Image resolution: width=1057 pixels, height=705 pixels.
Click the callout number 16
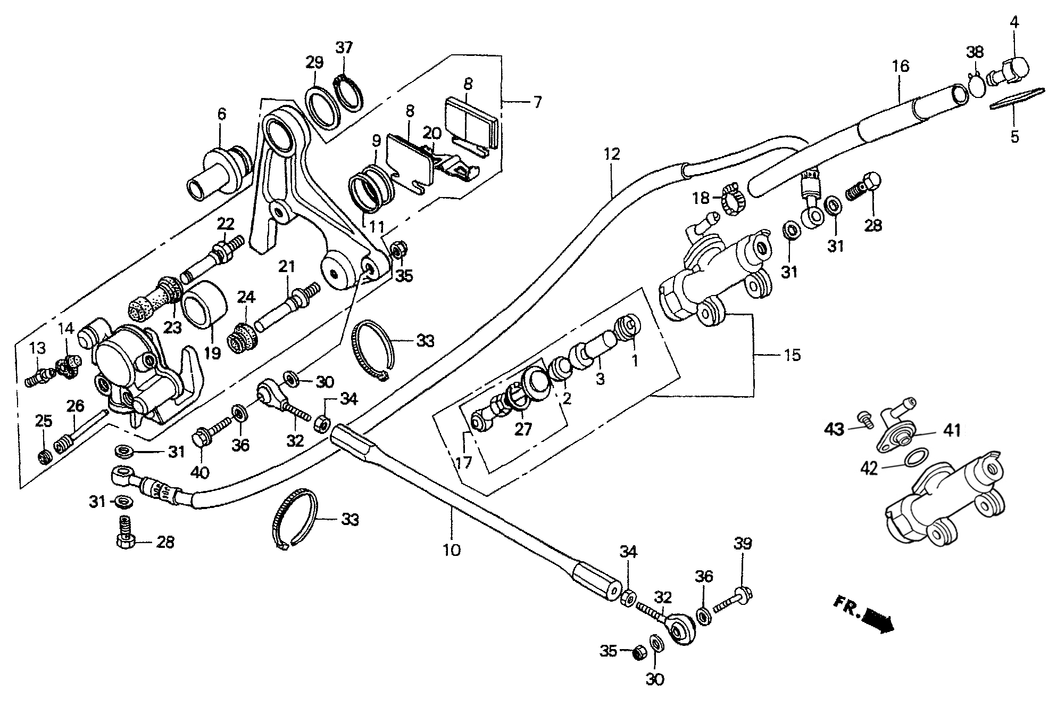(901, 67)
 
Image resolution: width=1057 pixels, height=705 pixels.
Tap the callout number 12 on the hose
(612, 154)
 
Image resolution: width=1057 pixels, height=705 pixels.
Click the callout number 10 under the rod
(451, 550)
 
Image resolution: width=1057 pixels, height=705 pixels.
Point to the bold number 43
(834, 429)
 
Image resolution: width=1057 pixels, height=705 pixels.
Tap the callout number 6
(221, 113)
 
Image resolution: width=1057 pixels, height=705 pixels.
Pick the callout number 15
(792, 355)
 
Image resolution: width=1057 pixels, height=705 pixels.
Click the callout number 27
(523, 429)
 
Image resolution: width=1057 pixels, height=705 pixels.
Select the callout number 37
(344, 47)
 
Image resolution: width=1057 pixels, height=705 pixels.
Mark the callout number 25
(44, 421)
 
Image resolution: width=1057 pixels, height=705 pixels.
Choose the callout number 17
(463, 462)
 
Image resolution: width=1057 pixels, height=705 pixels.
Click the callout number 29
(314, 62)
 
